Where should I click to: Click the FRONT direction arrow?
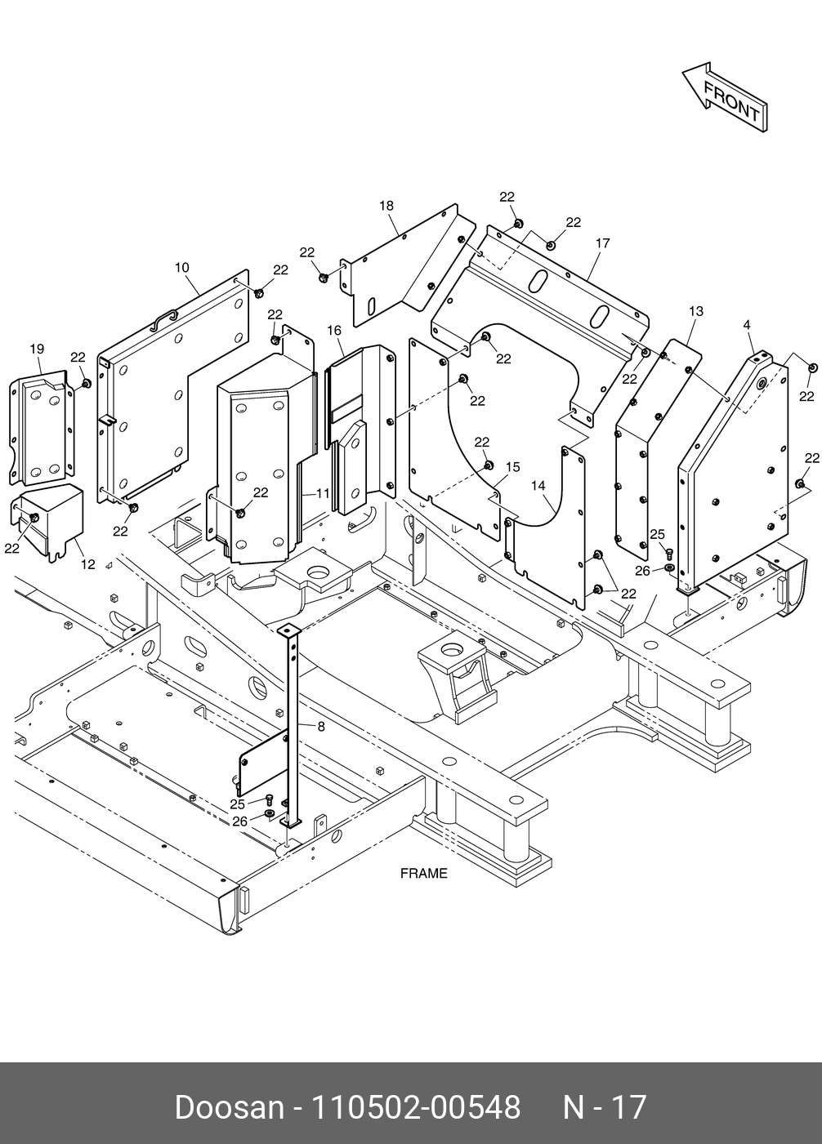pos(726,97)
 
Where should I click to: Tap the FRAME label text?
pos(423,873)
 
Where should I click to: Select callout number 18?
pos(386,206)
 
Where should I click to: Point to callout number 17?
pos(603,243)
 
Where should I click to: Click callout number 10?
pos(181,267)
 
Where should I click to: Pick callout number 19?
pos(37,349)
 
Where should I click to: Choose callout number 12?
pos(87,564)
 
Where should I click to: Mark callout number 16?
pos(334,330)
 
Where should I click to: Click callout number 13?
pos(696,311)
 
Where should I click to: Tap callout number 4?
pos(747,325)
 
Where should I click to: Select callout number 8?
pos(320,725)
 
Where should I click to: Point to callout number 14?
pos(538,485)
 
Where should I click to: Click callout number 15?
pos(512,466)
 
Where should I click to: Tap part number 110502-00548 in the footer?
pos(417,1107)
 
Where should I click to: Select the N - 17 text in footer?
pos(605,1107)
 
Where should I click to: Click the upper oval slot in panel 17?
pos(539,280)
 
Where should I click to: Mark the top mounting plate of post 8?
pos(287,630)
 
